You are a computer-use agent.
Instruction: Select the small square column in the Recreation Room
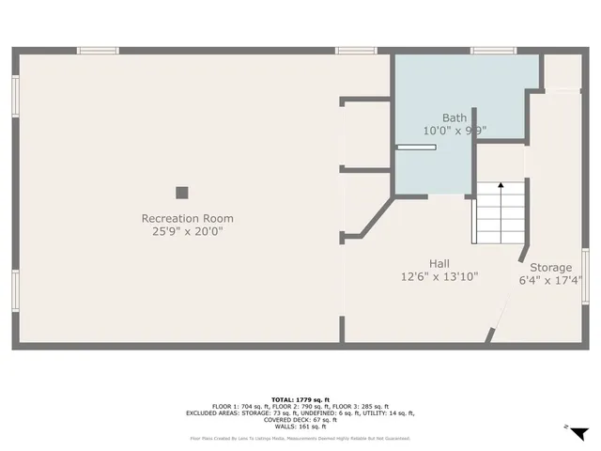click(181, 193)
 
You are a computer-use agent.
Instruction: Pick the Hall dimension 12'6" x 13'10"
click(439, 277)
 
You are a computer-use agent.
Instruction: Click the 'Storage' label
click(550, 268)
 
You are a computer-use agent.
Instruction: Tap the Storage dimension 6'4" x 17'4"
click(550, 280)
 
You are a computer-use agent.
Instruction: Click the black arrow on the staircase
click(500, 187)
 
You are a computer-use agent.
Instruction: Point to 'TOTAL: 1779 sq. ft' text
click(300, 399)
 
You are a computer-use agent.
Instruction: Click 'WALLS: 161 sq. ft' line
click(300, 426)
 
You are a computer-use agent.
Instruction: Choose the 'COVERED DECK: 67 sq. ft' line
click(300, 419)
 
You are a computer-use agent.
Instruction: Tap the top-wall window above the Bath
click(493, 50)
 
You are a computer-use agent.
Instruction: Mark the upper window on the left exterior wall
click(15, 97)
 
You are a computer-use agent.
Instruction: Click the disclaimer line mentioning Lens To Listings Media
click(300, 438)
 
